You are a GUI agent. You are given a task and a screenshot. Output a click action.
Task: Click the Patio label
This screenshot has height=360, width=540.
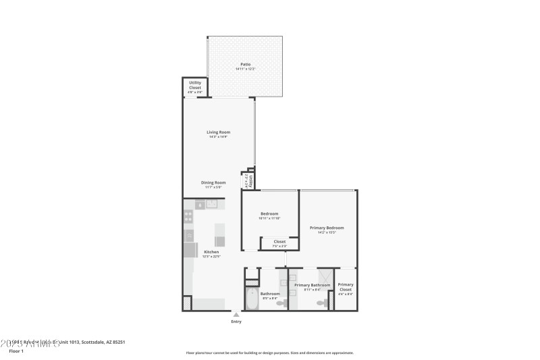coord(245,64)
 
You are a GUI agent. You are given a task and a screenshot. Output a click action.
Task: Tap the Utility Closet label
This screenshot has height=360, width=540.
coord(195,85)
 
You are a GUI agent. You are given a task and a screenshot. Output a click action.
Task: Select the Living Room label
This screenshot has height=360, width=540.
coord(219,132)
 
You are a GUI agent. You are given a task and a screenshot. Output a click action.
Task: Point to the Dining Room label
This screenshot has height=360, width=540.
coord(213,182)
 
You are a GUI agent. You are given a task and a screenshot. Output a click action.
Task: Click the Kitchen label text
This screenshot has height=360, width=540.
coord(211,252)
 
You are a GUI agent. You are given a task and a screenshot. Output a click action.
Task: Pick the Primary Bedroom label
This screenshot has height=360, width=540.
coord(327,228)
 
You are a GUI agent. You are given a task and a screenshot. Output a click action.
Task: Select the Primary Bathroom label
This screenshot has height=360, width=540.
coord(312,285)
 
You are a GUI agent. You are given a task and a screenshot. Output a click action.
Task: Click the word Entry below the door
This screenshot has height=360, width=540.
coord(236,322)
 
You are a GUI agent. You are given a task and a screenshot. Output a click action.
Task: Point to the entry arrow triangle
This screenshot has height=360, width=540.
coord(236,314)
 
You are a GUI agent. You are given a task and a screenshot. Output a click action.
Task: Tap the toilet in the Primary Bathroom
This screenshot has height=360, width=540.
coord(323,303)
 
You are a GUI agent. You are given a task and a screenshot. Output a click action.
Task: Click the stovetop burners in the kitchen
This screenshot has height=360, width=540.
coord(188,217)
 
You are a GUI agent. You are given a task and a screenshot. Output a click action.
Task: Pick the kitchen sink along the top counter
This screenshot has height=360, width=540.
coord(212,203)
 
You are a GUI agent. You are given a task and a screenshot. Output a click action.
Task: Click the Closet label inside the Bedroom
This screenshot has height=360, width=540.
coord(279,241)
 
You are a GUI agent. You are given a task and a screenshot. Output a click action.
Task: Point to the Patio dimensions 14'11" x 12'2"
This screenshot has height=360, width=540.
coord(245,70)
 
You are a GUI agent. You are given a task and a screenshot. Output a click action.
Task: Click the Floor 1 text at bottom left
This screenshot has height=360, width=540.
coord(16,351)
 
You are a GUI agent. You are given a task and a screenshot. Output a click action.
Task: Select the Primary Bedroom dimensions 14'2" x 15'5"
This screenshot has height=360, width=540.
coord(327,233)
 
